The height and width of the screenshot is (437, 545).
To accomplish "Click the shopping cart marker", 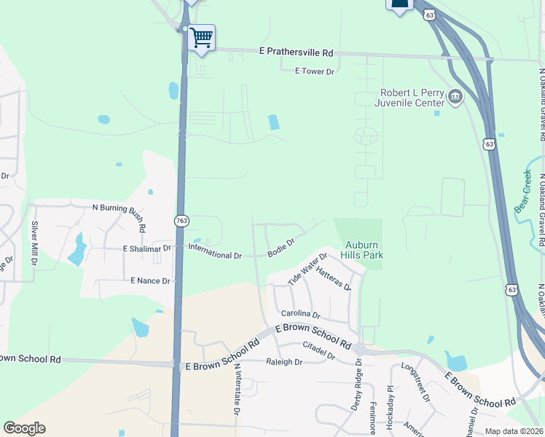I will point(201,37).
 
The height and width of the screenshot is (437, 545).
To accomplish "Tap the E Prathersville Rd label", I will point(296,53).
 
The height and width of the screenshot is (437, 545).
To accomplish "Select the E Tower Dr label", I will point(314,71).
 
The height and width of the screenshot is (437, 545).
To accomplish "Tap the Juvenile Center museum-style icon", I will point(455,97).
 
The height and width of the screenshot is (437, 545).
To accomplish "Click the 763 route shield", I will point(181,220).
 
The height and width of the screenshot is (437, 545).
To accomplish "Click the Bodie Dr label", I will point(281,248).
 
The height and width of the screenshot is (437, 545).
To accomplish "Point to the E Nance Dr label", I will point(150,280).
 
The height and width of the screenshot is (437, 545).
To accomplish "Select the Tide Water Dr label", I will point(307,269).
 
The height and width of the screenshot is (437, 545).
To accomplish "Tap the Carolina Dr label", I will point(301,315).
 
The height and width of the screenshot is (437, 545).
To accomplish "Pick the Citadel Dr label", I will point(318,350).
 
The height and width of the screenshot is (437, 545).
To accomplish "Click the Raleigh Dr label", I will point(283,362).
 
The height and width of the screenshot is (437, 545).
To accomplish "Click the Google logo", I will point(25,428).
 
